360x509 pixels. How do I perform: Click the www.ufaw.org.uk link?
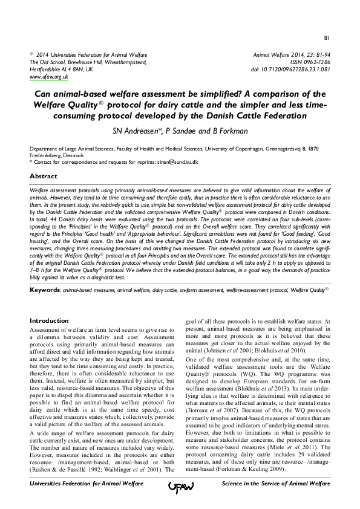(x=48, y=77)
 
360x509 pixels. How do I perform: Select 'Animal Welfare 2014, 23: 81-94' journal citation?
(x=292, y=54)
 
